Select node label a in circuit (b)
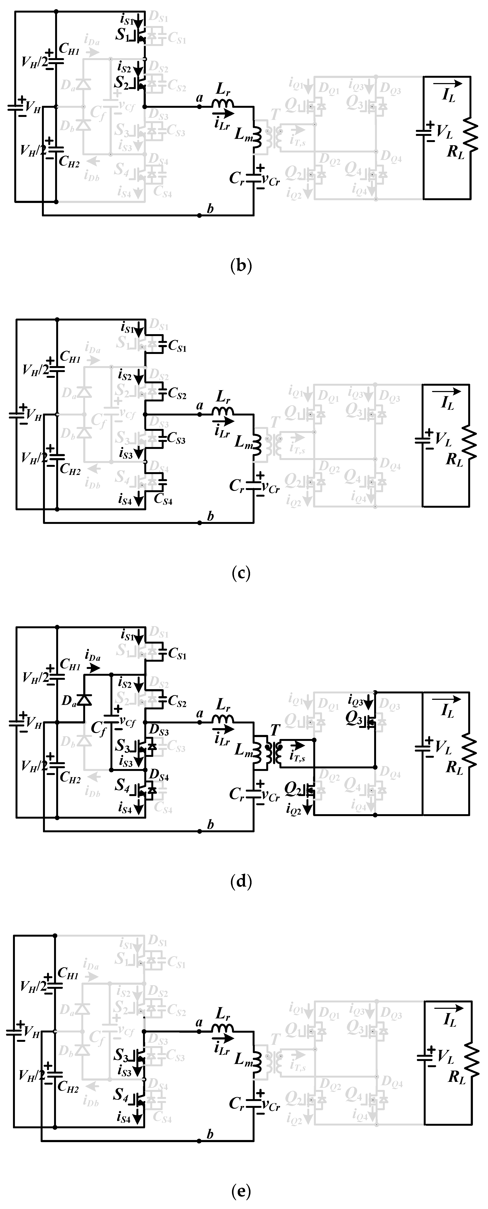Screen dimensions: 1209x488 point(199,98)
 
